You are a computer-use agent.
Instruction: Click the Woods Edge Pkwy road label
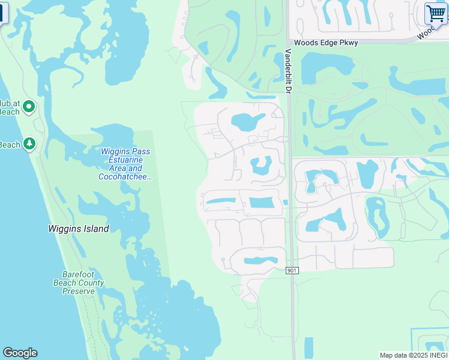(x=326, y=43)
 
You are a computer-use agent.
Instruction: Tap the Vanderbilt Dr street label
(x=288, y=71)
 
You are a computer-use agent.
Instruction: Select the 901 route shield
(x=292, y=271)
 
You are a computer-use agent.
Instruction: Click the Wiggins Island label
(x=79, y=229)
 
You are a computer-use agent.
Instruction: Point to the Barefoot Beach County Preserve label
(x=79, y=283)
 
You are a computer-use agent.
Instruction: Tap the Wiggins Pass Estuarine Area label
(x=125, y=160)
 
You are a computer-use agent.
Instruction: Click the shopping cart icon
(x=436, y=13)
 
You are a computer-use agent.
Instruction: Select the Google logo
(x=20, y=353)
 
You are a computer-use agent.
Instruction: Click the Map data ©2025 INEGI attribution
(x=414, y=355)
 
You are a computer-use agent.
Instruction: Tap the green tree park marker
(x=29, y=144)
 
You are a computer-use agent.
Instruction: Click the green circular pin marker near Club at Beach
(x=29, y=107)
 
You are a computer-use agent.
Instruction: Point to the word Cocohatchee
(x=125, y=177)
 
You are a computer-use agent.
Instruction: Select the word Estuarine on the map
(x=125, y=160)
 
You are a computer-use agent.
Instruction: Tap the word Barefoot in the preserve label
(x=79, y=274)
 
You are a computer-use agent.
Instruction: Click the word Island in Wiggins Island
(x=96, y=229)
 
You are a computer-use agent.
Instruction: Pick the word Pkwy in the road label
(x=349, y=43)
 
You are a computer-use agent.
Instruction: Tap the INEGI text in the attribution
(x=437, y=355)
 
